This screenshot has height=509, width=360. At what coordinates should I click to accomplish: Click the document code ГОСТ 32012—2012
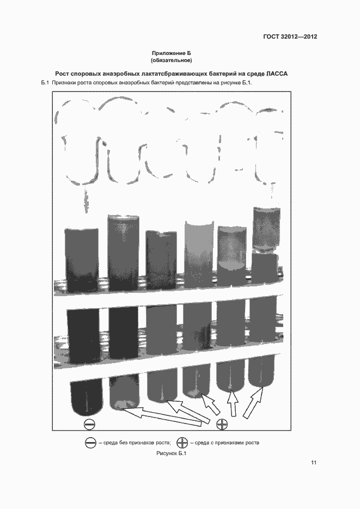coord(290,36)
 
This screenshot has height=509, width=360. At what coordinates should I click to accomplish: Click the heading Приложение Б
coord(172,53)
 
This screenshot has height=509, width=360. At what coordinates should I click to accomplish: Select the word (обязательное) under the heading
coord(172,60)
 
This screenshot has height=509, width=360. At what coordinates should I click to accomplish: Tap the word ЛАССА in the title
coord(277,73)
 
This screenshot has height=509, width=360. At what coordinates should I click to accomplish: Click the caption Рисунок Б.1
coord(172,453)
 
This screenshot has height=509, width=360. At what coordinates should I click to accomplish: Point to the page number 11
coord(314,463)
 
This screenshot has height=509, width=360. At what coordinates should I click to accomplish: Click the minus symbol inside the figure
coord(90,424)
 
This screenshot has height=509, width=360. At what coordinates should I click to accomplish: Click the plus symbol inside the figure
coord(222,424)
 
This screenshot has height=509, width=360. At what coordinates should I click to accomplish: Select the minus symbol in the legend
coord(90,443)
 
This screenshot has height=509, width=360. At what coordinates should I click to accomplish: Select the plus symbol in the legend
coord(182,443)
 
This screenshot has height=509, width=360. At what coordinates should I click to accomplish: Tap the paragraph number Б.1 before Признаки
coord(45,83)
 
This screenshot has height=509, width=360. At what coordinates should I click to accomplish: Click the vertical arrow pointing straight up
coord(232,403)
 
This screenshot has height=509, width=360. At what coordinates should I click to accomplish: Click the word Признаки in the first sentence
coord(64,83)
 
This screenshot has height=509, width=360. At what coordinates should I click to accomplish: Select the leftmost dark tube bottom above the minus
coord(87,397)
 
